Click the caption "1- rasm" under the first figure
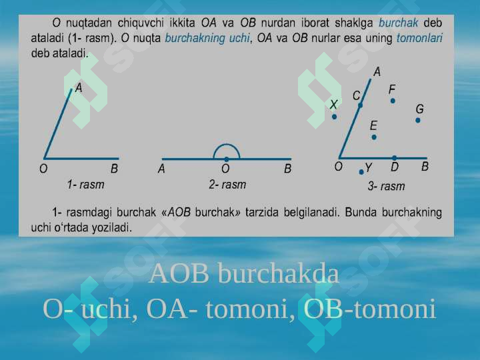(85, 183)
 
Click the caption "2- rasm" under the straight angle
(227, 184)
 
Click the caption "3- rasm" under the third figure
(386, 186)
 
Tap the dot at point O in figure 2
(227, 159)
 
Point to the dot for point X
(335, 117)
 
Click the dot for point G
(418, 121)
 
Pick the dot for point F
(393, 101)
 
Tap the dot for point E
(374, 137)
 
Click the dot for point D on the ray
(395, 158)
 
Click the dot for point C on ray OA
(360, 105)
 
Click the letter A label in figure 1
(79, 87)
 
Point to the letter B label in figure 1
(114, 169)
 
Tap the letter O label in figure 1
(43, 169)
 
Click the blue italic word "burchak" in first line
(399, 23)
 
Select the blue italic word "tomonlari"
(419, 38)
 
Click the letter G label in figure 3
(420, 109)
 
